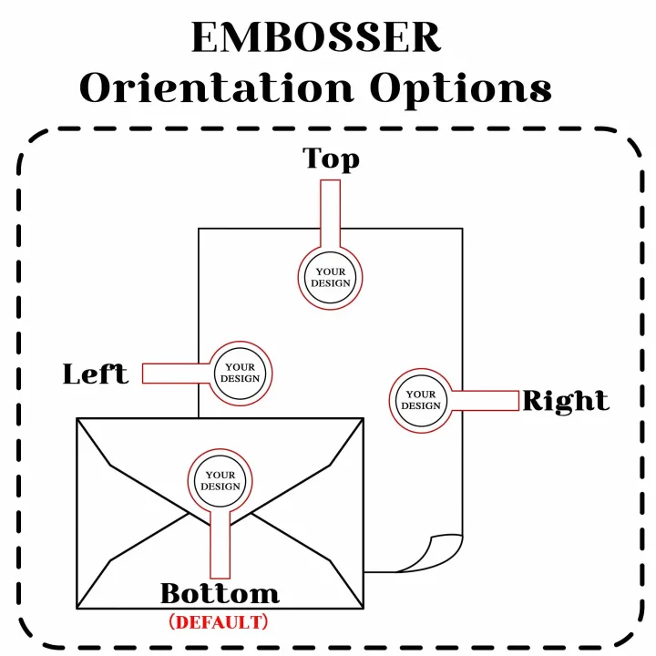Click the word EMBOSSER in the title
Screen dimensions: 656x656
[316, 38]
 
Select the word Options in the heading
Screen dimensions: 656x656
[460, 89]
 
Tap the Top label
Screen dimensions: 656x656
[331, 159]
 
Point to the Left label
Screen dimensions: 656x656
[95, 374]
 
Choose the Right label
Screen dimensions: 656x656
[566, 401]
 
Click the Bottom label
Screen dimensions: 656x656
[220, 594]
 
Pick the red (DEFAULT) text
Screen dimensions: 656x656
[219, 622]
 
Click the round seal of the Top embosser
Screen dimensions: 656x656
[330, 277]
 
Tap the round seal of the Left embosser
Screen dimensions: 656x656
[241, 373]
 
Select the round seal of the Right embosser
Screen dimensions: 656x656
[421, 400]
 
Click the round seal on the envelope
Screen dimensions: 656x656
[220, 480]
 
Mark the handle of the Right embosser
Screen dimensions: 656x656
[487, 400]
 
